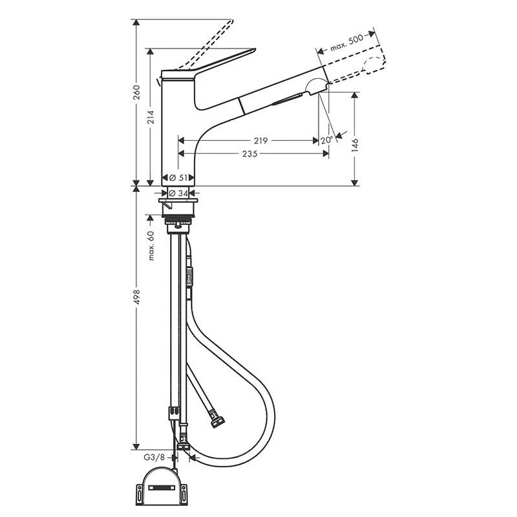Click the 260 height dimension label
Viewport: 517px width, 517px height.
coord(136,92)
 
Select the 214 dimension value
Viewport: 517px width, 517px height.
coord(151,117)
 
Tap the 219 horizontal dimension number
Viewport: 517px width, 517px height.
coord(260,141)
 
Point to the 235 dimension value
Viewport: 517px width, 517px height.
coord(249,154)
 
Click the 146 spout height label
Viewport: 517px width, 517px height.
coord(355,145)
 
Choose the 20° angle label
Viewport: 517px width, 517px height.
coord(327,140)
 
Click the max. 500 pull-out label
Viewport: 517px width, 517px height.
coord(346,43)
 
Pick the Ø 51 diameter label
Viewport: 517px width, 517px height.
coord(178,178)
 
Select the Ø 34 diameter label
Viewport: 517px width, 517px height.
coord(178,193)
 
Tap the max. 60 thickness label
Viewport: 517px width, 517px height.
coord(151,246)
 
